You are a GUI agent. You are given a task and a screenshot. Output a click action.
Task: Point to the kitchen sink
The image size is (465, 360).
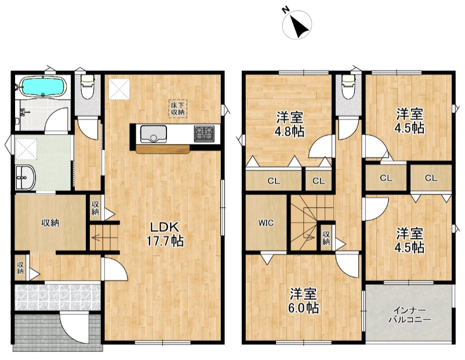tap(154, 134)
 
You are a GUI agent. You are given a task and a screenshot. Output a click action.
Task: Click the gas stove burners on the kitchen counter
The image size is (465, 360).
tap(204, 134)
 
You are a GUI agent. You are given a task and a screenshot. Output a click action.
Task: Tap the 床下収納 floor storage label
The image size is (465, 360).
tap(178, 108)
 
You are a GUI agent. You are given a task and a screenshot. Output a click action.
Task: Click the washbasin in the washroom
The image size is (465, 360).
tap(25, 177)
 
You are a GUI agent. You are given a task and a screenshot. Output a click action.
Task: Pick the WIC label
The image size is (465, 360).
tap(266, 223)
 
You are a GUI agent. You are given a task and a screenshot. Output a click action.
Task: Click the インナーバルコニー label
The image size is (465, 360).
tap(409, 315)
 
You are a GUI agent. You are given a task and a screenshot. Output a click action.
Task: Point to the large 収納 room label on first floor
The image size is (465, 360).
tap(50, 223)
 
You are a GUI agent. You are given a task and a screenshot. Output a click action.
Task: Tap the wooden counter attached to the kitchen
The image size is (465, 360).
tap(163, 149)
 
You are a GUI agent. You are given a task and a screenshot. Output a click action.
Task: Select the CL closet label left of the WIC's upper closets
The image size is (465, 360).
tap(274, 181)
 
